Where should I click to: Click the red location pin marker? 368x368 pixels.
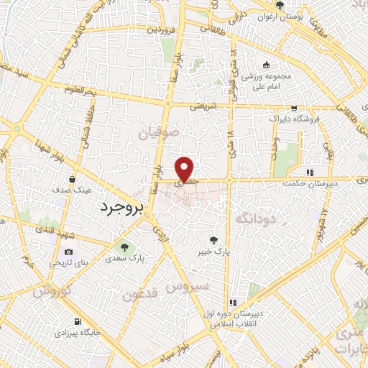pyautogui.click(x=185, y=169)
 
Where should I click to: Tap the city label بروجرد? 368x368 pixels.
pyautogui.click(x=120, y=206)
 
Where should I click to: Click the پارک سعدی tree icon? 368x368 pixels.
pyautogui.click(x=119, y=248)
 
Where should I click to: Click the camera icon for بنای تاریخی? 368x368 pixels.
pyautogui.click(x=68, y=252)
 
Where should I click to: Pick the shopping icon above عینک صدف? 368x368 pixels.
pyautogui.click(x=73, y=179)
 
